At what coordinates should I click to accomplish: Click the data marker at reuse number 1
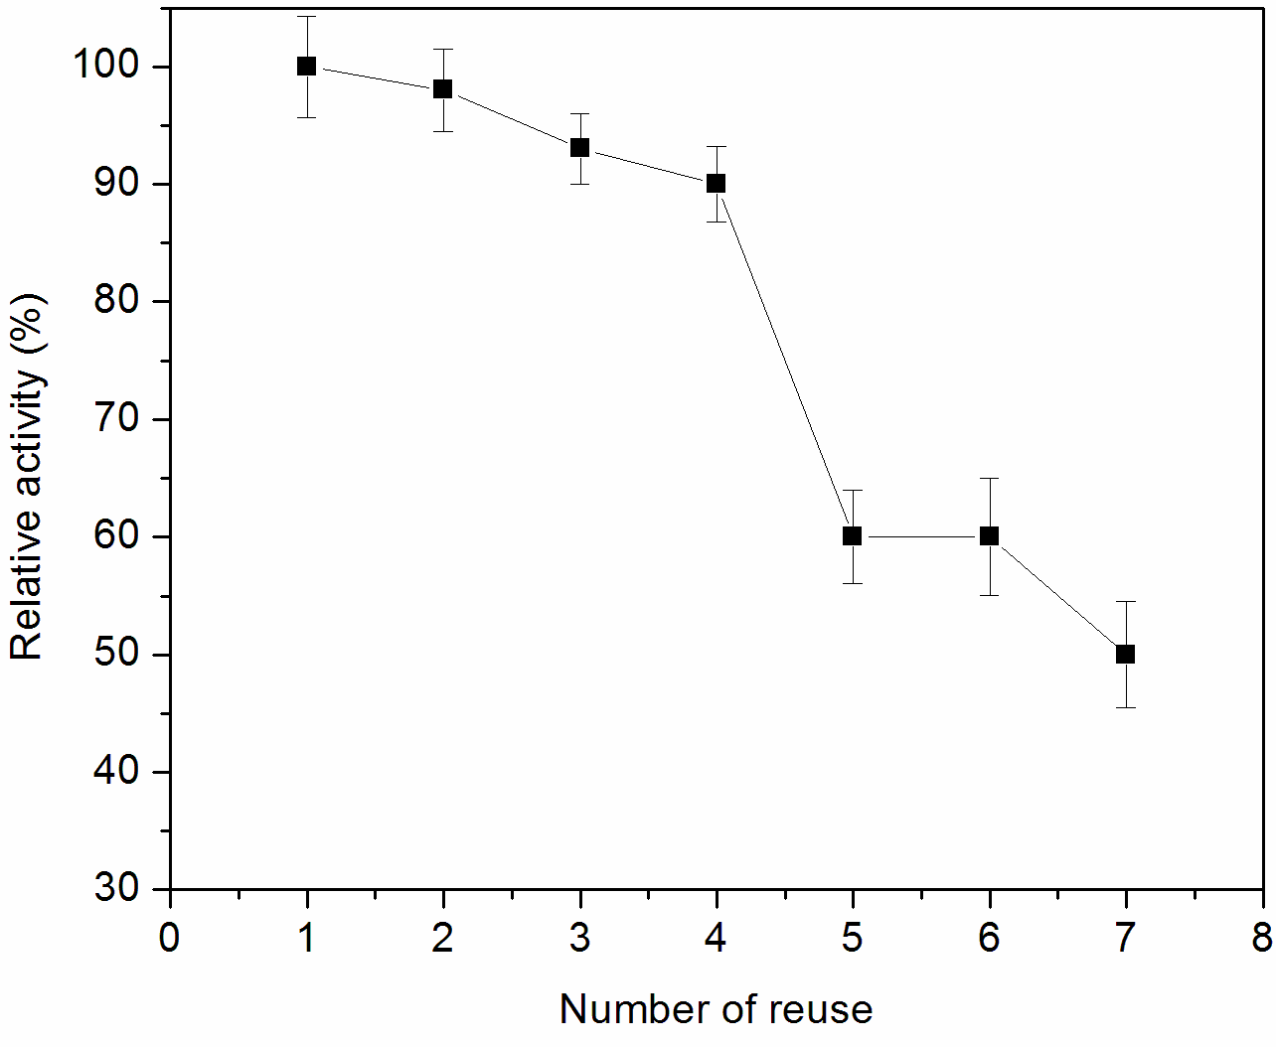[x=306, y=67]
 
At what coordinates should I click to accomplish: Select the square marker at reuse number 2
[x=443, y=89]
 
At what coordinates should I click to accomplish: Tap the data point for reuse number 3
[x=579, y=148]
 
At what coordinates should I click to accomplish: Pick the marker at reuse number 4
[x=716, y=184]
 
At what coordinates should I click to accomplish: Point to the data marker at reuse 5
[x=852, y=536]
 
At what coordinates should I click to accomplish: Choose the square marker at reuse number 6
[x=989, y=536]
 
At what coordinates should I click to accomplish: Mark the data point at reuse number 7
[x=1125, y=655]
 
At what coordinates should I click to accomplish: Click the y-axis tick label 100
[x=104, y=67]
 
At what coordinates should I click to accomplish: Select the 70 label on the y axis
[x=116, y=418]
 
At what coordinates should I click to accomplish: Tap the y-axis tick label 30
[x=116, y=888]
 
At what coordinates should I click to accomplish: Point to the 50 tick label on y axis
[x=116, y=654]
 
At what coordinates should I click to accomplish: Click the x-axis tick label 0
[x=170, y=938]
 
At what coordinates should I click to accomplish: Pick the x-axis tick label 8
[x=1262, y=938]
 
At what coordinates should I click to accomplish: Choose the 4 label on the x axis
[x=716, y=938]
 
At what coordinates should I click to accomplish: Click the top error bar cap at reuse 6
[x=989, y=479]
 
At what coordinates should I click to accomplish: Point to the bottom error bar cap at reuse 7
[x=1125, y=707]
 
